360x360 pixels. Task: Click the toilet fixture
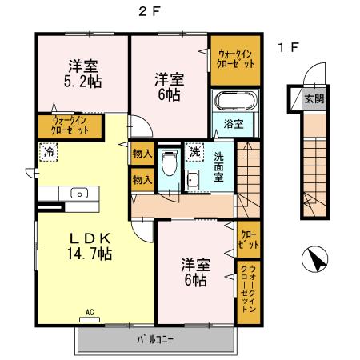click(168, 163)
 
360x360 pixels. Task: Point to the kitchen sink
click(78, 193)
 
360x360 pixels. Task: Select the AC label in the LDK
click(90, 311)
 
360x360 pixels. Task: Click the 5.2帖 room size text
click(82, 80)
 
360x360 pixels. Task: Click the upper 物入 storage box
click(142, 154)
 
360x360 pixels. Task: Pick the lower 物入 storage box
click(142, 180)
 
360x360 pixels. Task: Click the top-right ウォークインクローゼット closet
click(235, 58)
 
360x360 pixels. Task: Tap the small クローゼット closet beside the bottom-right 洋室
click(248, 238)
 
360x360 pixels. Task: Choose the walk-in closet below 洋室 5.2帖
click(77, 125)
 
